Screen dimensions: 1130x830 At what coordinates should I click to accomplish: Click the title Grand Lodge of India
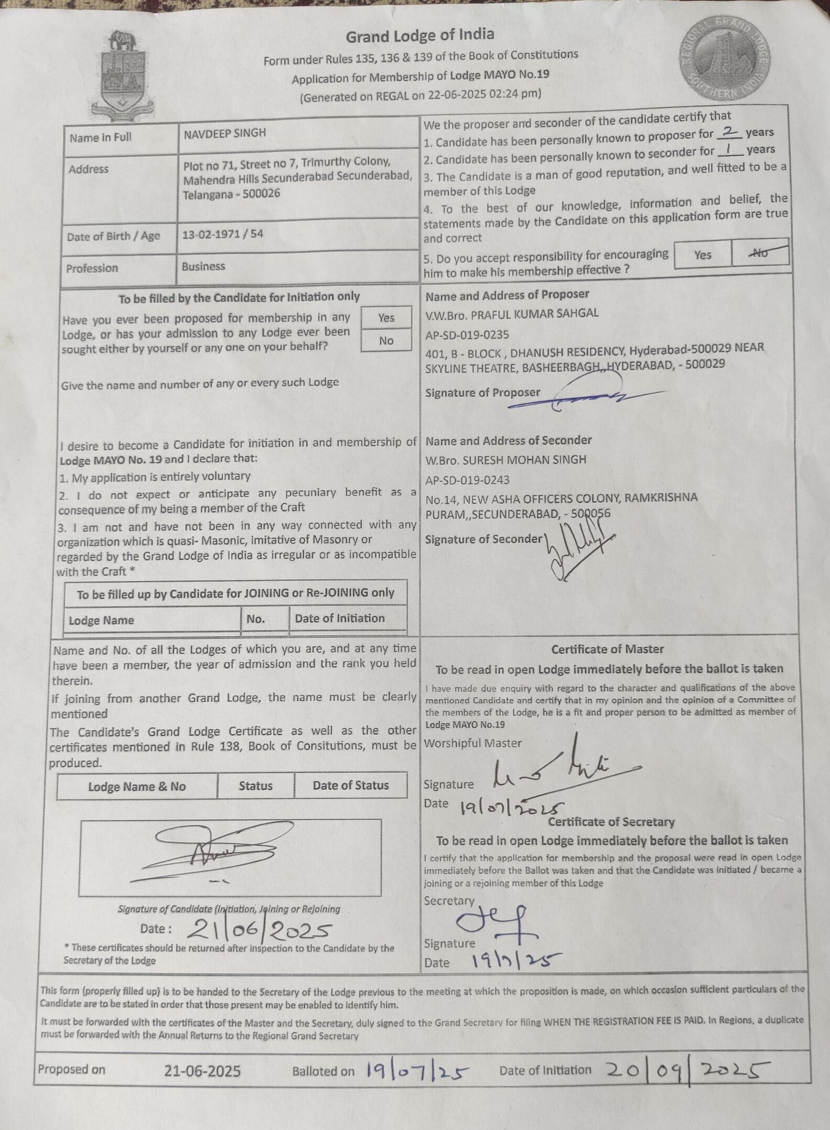coord(420,36)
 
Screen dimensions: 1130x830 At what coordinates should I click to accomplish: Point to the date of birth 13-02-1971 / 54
coord(223,234)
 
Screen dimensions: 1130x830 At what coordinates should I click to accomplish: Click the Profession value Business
coord(203,266)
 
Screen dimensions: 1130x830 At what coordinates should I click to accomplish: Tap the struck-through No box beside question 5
coord(760,253)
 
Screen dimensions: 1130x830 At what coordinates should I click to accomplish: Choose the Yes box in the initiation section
coord(386,318)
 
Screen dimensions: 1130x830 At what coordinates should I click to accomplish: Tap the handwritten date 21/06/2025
coord(259,930)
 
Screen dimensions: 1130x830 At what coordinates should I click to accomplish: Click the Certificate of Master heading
coord(607,649)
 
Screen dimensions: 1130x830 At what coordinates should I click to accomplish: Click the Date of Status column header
coord(351,785)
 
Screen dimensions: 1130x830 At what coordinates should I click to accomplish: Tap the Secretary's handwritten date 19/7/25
coord(516,960)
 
